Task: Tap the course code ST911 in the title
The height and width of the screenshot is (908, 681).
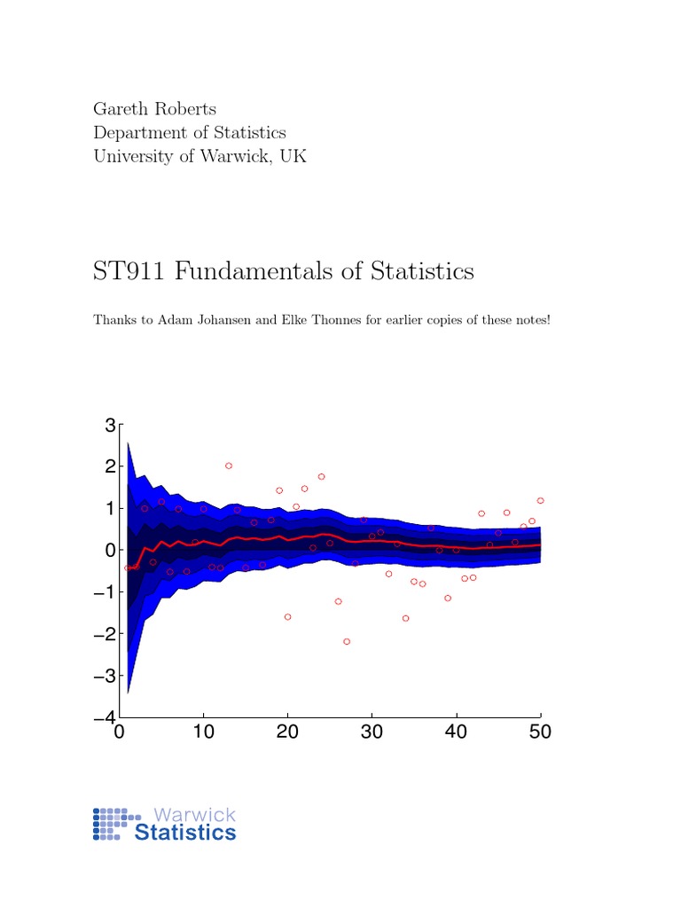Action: point(129,270)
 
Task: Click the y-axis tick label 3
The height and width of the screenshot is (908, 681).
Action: point(110,425)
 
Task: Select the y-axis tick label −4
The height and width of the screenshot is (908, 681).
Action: point(105,716)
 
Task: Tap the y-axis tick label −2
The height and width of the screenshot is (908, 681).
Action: point(105,633)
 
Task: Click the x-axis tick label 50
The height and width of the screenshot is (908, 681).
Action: point(540,732)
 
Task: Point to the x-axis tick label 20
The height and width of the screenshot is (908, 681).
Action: point(287,732)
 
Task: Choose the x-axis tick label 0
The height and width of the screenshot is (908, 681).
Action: point(119,732)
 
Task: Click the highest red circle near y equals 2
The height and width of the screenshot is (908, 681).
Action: point(229,466)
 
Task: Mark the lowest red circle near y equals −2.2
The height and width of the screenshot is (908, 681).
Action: point(347,641)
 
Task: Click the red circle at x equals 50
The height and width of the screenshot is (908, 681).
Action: point(540,501)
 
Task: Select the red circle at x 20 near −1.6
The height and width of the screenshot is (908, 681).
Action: point(287,616)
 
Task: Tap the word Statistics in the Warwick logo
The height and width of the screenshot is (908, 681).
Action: point(185,833)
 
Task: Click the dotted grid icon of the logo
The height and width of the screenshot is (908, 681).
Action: point(113,824)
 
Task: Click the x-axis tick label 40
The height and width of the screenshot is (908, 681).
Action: point(456,732)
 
